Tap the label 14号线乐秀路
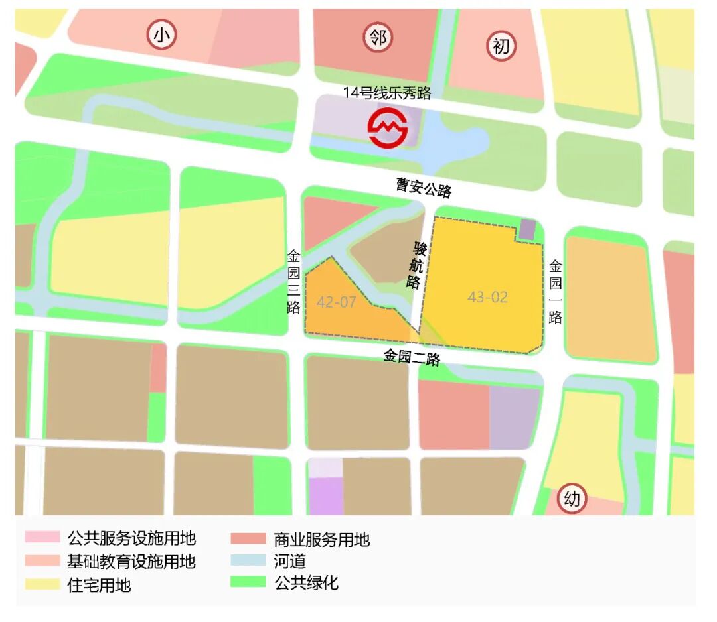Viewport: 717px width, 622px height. (387, 93)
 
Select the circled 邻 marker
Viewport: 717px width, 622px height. (378, 38)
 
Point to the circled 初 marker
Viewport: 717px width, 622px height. (501, 46)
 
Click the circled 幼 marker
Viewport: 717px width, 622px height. (572, 499)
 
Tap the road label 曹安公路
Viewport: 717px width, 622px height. (424, 188)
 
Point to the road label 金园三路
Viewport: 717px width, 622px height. (294, 282)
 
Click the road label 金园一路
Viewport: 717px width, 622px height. (556, 292)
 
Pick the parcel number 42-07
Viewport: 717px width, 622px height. (337, 303)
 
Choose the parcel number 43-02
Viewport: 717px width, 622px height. (487, 297)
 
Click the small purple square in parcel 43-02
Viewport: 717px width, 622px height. (527, 229)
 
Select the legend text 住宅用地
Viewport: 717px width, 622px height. (99, 585)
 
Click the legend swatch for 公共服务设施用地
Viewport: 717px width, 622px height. (42, 538)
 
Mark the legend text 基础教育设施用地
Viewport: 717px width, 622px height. (131, 562)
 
